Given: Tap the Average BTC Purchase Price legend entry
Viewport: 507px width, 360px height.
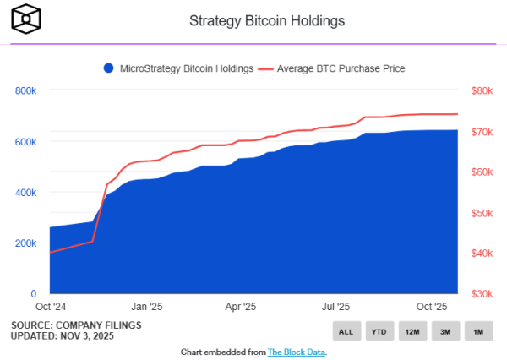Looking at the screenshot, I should tap(335, 68).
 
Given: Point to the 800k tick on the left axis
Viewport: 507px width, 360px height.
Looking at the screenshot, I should tap(25, 90).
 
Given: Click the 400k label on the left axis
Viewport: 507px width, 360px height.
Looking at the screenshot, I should tap(25, 192).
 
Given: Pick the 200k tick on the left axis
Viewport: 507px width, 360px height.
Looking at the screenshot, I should tap(25, 243).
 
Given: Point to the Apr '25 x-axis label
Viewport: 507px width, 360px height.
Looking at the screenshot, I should tap(242, 307).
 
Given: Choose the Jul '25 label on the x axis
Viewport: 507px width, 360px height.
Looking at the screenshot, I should tap(337, 307).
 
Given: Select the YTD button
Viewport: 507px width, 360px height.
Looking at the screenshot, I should tap(379, 332).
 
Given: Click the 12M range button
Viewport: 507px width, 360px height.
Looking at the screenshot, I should tap(412, 332).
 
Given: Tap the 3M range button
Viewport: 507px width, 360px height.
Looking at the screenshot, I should tap(444, 332).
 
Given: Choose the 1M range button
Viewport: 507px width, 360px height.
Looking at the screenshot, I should tap(477, 332).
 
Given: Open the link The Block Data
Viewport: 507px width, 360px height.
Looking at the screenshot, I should tap(297, 352).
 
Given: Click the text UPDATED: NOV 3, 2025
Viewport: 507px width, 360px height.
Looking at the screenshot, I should tap(63, 335).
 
